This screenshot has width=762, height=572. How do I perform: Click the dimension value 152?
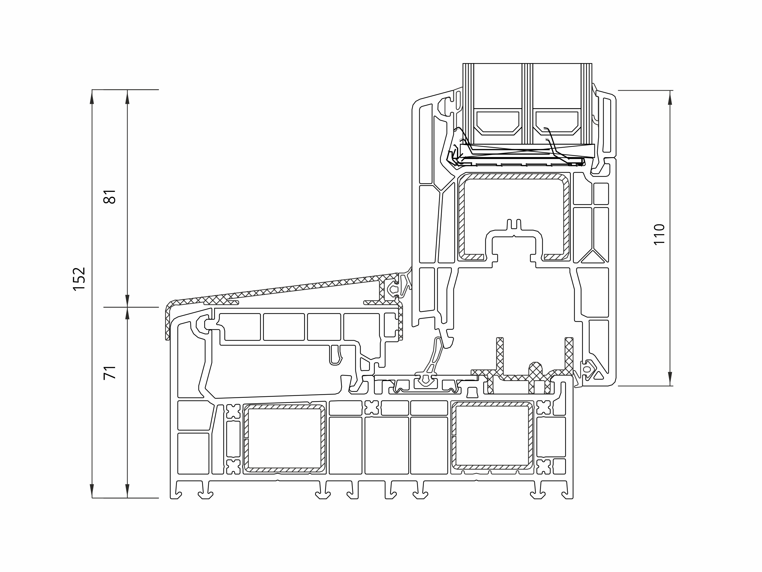coord(79,279)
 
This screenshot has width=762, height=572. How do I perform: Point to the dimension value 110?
coord(659,235)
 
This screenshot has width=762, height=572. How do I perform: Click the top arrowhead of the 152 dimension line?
coord(92,97)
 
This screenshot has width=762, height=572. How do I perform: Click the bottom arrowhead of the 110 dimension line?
coord(670,378)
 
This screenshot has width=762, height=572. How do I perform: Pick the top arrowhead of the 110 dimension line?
coord(670,98)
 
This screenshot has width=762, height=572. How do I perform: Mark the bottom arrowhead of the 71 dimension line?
coord(128,491)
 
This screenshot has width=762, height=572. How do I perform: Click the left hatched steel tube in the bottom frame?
coord(285,438)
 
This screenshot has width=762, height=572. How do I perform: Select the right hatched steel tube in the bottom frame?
coord(492,436)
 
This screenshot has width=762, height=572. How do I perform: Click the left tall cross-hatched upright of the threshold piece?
coord(500,355)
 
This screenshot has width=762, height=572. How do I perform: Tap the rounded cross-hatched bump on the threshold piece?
coord(535,370)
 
